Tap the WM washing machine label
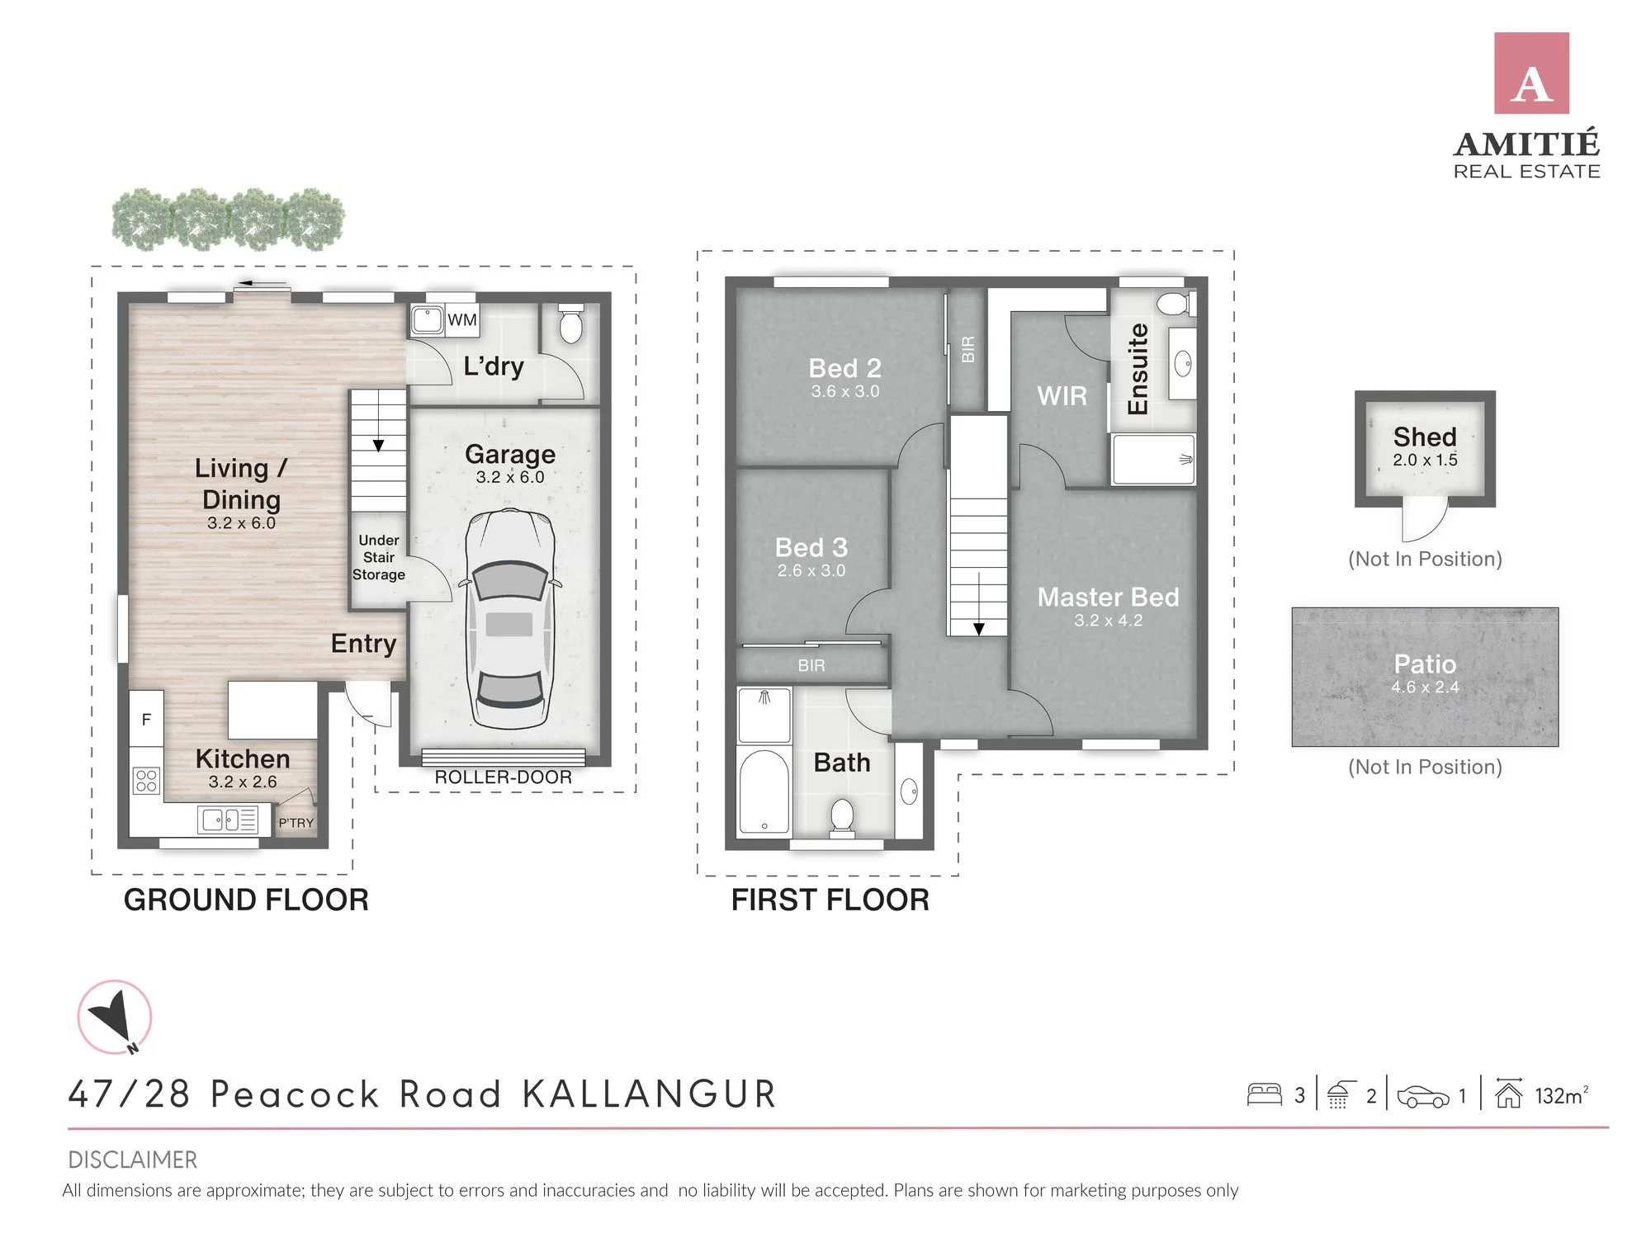[462, 320]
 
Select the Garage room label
[510, 454]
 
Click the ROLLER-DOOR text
[503, 777]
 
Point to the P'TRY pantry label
[296, 823]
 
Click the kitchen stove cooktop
[146, 780]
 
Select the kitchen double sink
[228, 820]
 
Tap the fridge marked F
[146, 719]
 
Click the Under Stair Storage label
[379, 557]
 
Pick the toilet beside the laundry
[570, 324]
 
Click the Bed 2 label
[844, 368]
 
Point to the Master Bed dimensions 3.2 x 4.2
[1108, 621]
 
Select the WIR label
[1062, 396]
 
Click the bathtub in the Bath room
[764, 791]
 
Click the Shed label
[1425, 437]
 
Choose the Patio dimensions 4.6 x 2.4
[1425, 687]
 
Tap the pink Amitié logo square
[1531, 73]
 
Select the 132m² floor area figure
[1561, 1095]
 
